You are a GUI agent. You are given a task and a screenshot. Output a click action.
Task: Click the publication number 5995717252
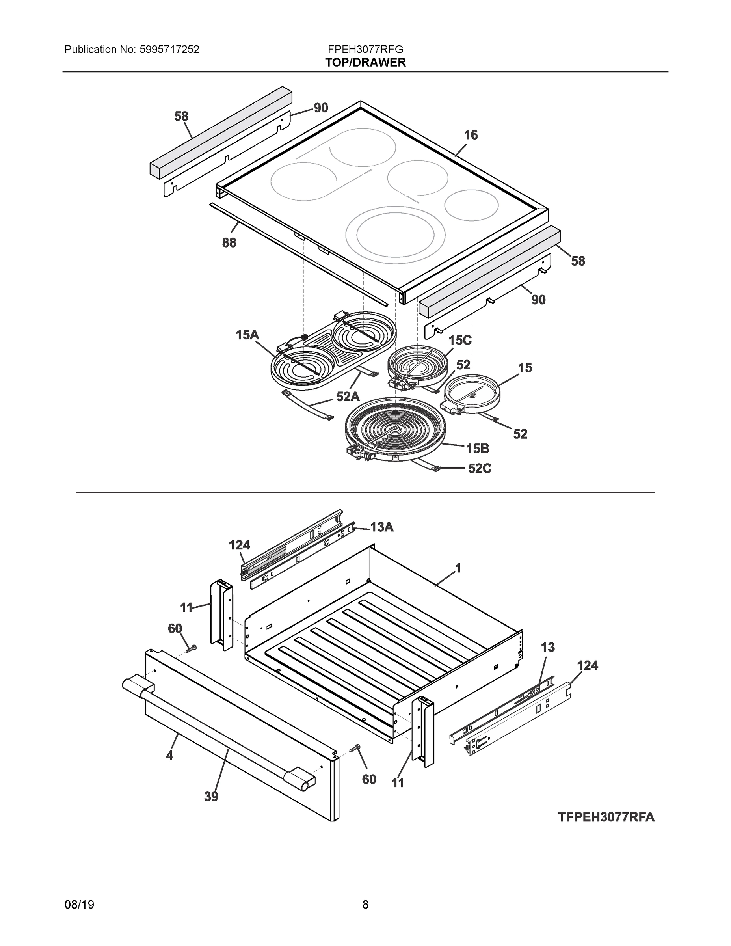169,50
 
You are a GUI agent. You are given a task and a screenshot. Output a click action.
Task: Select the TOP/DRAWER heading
366,63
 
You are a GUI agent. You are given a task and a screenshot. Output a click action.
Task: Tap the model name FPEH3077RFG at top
366,49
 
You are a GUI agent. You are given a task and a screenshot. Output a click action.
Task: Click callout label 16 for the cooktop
471,135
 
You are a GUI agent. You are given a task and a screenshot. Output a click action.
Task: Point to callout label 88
229,242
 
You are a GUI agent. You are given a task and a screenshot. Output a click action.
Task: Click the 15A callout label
247,335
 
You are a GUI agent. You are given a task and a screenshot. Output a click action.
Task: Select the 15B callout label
478,448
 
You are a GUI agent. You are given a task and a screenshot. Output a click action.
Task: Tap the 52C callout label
480,468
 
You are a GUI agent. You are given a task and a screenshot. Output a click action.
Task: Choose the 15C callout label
459,340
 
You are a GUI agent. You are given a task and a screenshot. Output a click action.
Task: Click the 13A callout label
381,527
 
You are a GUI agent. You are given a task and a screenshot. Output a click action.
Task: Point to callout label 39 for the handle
211,796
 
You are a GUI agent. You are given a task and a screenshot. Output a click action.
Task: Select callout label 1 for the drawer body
458,568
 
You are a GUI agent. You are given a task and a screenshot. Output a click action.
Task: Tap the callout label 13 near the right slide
547,647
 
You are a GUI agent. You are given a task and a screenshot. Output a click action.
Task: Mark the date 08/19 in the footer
79,905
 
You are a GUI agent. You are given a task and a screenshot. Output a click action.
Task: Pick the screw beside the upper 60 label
191,648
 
